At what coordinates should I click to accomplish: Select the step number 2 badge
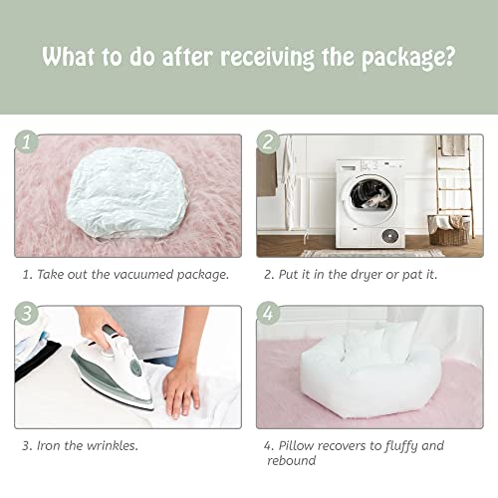coord(267,143)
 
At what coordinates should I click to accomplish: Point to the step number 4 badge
coord(267,315)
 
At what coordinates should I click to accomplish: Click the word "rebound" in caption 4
coord(297,461)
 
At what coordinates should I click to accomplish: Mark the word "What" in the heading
coord(72,56)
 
